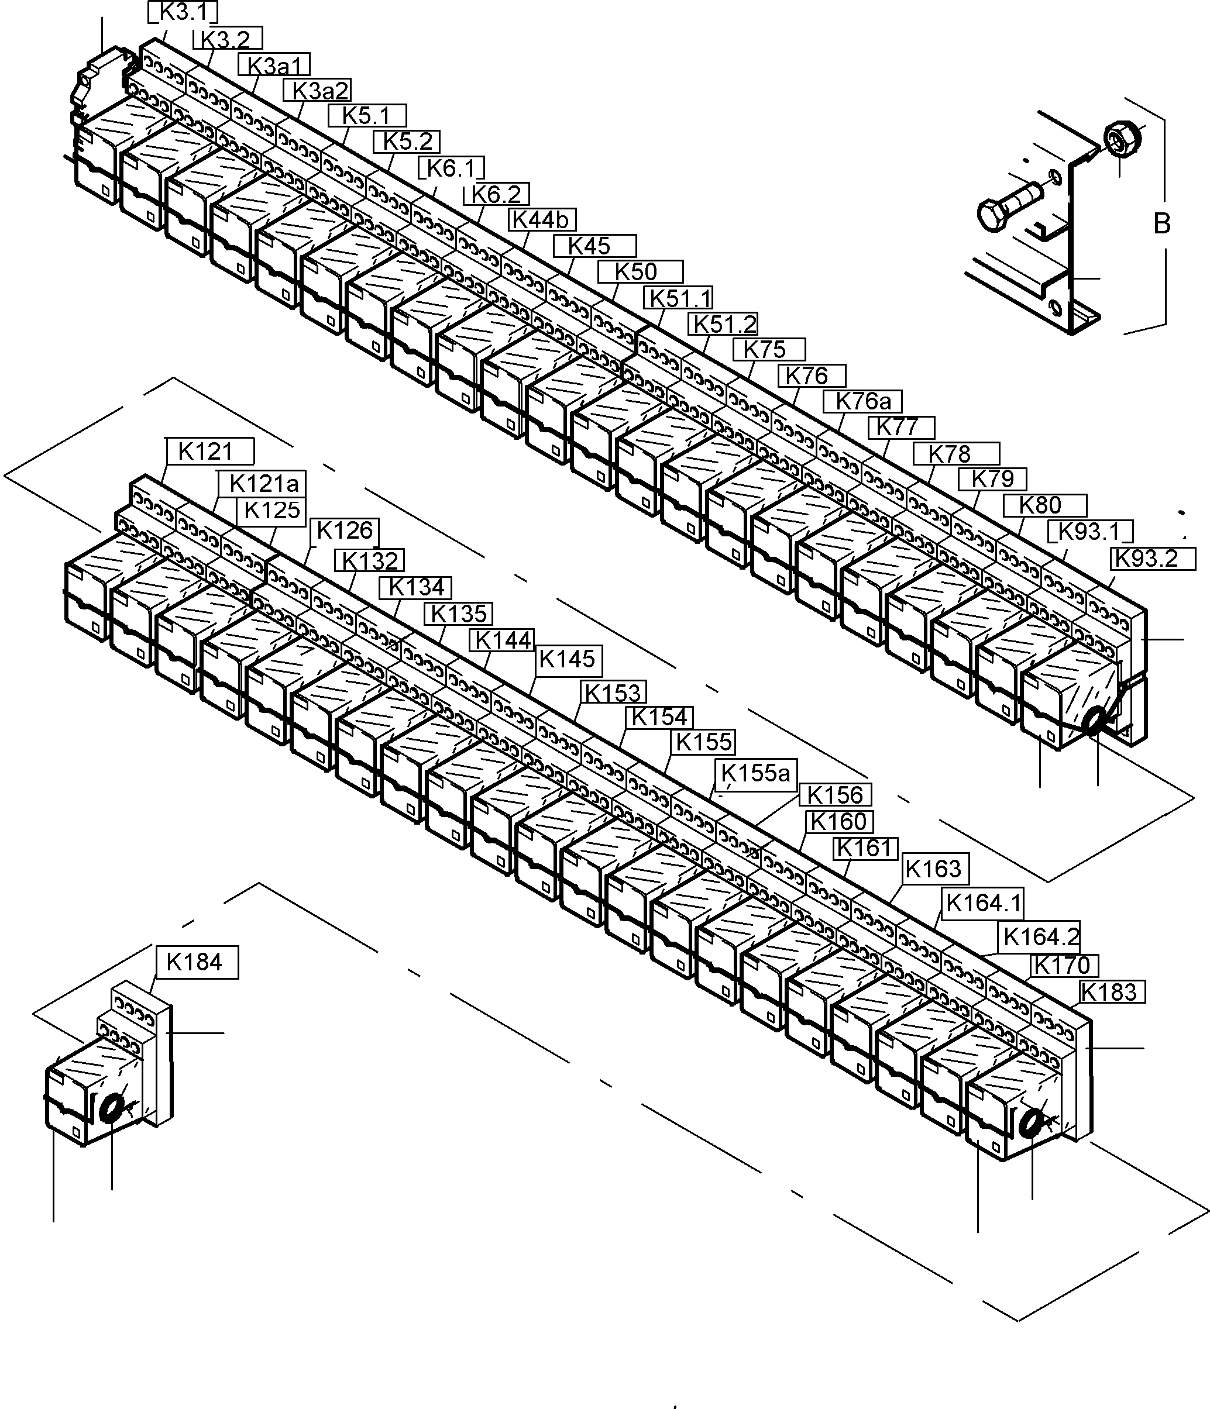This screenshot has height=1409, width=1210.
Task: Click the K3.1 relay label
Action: [184, 13]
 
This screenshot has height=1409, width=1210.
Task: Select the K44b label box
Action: [542, 220]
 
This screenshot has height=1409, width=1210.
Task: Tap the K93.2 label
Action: [1153, 559]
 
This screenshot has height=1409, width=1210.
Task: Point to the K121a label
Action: [263, 484]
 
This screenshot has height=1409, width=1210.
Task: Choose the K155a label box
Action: [755, 773]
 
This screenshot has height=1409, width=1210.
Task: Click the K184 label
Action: [197, 962]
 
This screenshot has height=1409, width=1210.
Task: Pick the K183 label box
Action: [1111, 992]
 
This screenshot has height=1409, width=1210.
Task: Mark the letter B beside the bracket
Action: [1161, 224]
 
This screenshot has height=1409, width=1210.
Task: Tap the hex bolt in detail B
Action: [1005, 208]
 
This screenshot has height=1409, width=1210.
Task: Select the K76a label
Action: [862, 401]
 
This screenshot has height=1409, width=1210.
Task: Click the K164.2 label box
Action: [1040, 937]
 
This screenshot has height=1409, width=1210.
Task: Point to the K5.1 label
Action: [367, 116]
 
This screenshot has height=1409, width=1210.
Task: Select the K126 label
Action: [344, 530]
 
